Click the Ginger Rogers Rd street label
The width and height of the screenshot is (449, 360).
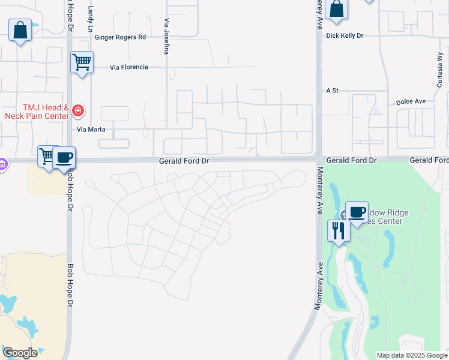coord(121,37)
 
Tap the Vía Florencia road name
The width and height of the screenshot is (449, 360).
coord(129,67)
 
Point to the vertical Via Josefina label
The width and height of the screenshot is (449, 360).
coord(166,37)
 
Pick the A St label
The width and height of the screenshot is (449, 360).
coord(333,91)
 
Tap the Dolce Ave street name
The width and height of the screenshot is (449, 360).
coord(411,102)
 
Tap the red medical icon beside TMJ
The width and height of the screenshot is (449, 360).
coord(77,110)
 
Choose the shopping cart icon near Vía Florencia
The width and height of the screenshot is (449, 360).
coord(82,61)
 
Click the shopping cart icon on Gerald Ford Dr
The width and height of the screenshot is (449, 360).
coord(47,156)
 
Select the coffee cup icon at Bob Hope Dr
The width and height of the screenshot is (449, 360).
coord(64,158)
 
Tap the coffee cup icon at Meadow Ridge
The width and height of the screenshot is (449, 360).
coord(357,212)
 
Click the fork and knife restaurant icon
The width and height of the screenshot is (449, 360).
coord(339,230)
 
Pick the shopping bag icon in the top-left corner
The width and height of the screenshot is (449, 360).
coord(20,30)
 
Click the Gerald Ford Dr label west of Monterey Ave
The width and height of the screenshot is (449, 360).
coord(184,161)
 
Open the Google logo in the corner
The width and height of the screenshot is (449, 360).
coord(20,353)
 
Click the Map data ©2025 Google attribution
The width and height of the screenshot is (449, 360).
coord(411,355)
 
